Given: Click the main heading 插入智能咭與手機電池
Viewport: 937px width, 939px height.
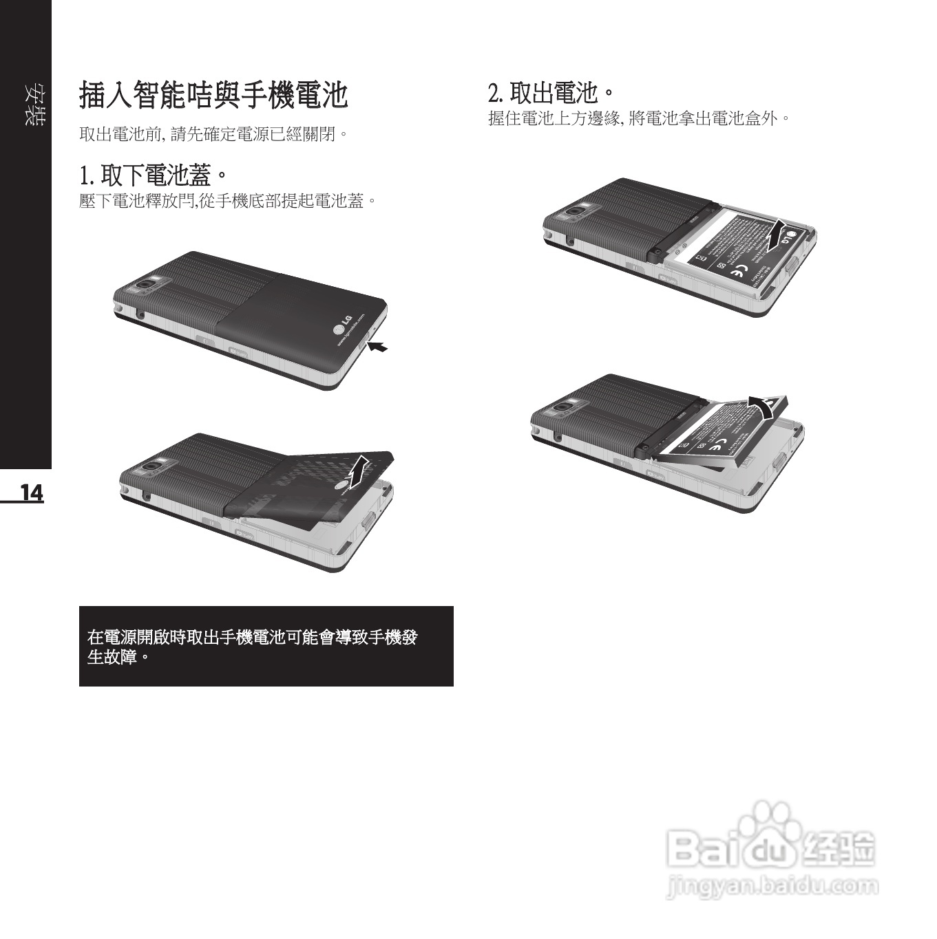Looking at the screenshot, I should (x=213, y=95).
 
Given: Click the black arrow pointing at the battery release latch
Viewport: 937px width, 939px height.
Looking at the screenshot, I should (x=377, y=347).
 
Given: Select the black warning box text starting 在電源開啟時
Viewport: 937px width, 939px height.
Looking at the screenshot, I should (x=252, y=647).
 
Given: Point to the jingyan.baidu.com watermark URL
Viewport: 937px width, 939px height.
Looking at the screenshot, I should (x=772, y=886).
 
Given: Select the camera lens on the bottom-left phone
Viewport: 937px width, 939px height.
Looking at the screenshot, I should (x=152, y=468).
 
